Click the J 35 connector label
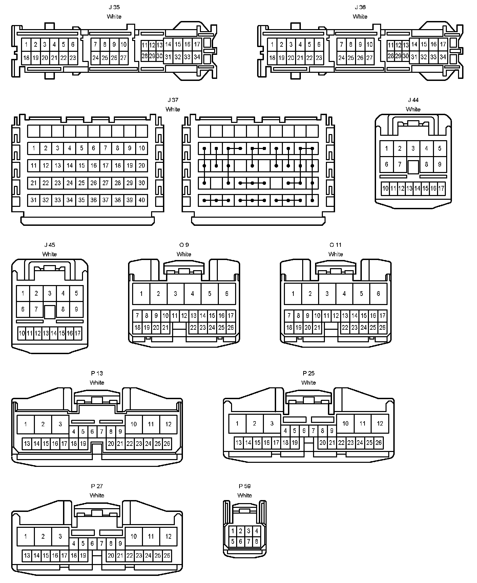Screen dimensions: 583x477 (114, 7)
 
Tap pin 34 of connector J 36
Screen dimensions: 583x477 (443, 57)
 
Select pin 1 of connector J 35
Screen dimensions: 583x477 (26, 44)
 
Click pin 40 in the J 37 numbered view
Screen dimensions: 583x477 (142, 200)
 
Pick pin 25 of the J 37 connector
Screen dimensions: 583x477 (82, 183)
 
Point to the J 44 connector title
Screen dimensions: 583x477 (413, 100)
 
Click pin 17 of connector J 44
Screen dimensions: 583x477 (441, 188)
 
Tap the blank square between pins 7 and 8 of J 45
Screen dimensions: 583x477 (50, 311)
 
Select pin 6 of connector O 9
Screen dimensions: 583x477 (227, 294)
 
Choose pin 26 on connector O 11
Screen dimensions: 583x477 (382, 327)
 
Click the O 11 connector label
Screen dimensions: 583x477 (335, 245)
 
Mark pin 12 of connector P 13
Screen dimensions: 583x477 (168, 424)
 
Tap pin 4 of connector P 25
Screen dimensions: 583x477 (285, 431)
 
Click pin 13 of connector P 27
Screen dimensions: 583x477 (27, 556)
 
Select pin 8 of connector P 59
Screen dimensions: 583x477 (256, 541)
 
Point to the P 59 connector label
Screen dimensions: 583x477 (245, 486)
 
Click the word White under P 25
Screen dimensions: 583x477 (308, 383)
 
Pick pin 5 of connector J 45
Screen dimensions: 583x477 (76, 293)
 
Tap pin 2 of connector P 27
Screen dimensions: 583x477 (43, 536)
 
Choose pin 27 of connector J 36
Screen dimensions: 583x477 (369, 58)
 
